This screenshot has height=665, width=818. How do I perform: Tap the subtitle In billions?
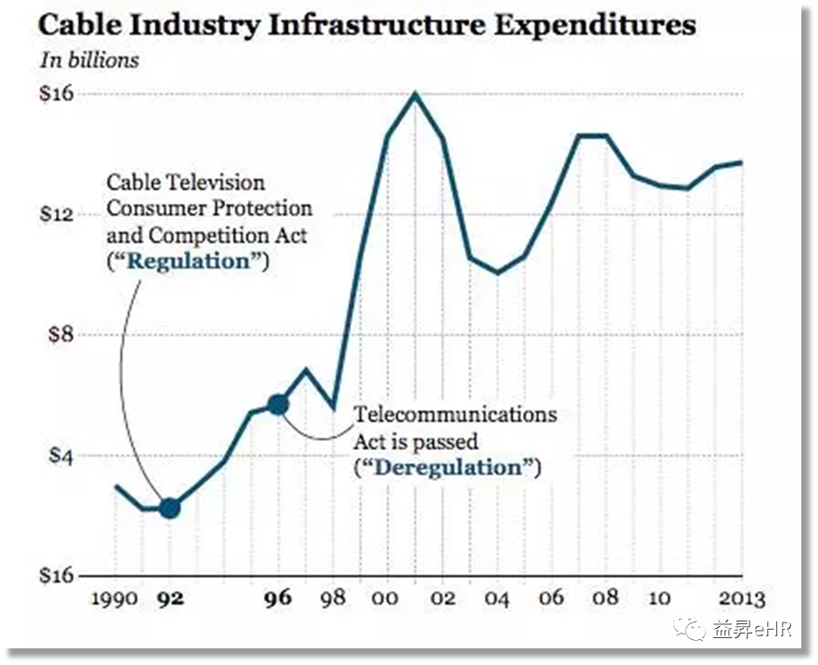click(89, 60)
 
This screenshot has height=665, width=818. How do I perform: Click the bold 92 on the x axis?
click(169, 597)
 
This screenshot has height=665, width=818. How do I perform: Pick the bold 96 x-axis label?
click(277, 597)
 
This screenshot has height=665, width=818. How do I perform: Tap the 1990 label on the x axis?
click(115, 597)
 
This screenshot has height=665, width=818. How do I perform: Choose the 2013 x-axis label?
click(740, 597)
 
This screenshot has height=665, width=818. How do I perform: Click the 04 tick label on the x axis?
click(497, 598)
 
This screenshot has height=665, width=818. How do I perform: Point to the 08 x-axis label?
click(605, 597)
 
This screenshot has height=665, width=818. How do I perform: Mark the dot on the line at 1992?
click(170, 508)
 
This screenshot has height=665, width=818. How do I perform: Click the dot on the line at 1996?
click(278, 404)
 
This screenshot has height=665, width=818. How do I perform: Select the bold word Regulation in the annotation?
click(189, 260)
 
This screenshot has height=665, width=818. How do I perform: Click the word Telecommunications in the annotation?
click(456, 413)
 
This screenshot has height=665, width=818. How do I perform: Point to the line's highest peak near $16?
click(414, 93)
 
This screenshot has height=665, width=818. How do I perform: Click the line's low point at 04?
click(497, 273)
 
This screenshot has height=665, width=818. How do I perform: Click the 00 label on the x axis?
click(387, 597)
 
